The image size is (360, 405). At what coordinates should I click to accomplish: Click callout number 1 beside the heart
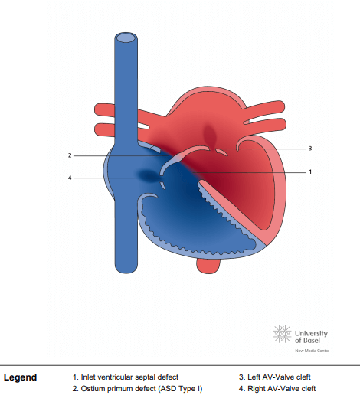tap(310, 171)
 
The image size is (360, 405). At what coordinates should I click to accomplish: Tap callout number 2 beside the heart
tap(70, 155)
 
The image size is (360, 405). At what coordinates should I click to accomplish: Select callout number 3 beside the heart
tap(310, 149)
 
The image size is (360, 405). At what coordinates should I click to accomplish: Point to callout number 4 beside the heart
tap(70, 178)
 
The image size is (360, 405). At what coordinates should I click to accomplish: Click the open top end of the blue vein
tap(126, 38)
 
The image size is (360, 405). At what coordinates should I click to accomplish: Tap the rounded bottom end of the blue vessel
tap(126, 269)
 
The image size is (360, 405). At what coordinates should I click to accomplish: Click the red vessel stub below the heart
tap(208, 266)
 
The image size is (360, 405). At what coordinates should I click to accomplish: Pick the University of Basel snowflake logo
tap(282, 334)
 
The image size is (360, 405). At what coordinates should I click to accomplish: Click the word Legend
tap(20, 377)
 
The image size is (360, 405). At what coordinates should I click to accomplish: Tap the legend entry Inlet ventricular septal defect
tap(126, 377)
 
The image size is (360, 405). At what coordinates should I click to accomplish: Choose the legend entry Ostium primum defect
tap(137, 389)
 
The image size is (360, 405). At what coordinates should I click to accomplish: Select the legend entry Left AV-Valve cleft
tap(274, 377)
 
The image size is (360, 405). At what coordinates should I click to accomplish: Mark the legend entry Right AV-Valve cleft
tap(277, 389)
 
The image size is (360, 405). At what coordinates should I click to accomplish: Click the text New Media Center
tap(313, 351)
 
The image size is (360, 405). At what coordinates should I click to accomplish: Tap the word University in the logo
tap(311, 334)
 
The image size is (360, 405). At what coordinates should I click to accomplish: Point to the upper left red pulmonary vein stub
tap(105, 109)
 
